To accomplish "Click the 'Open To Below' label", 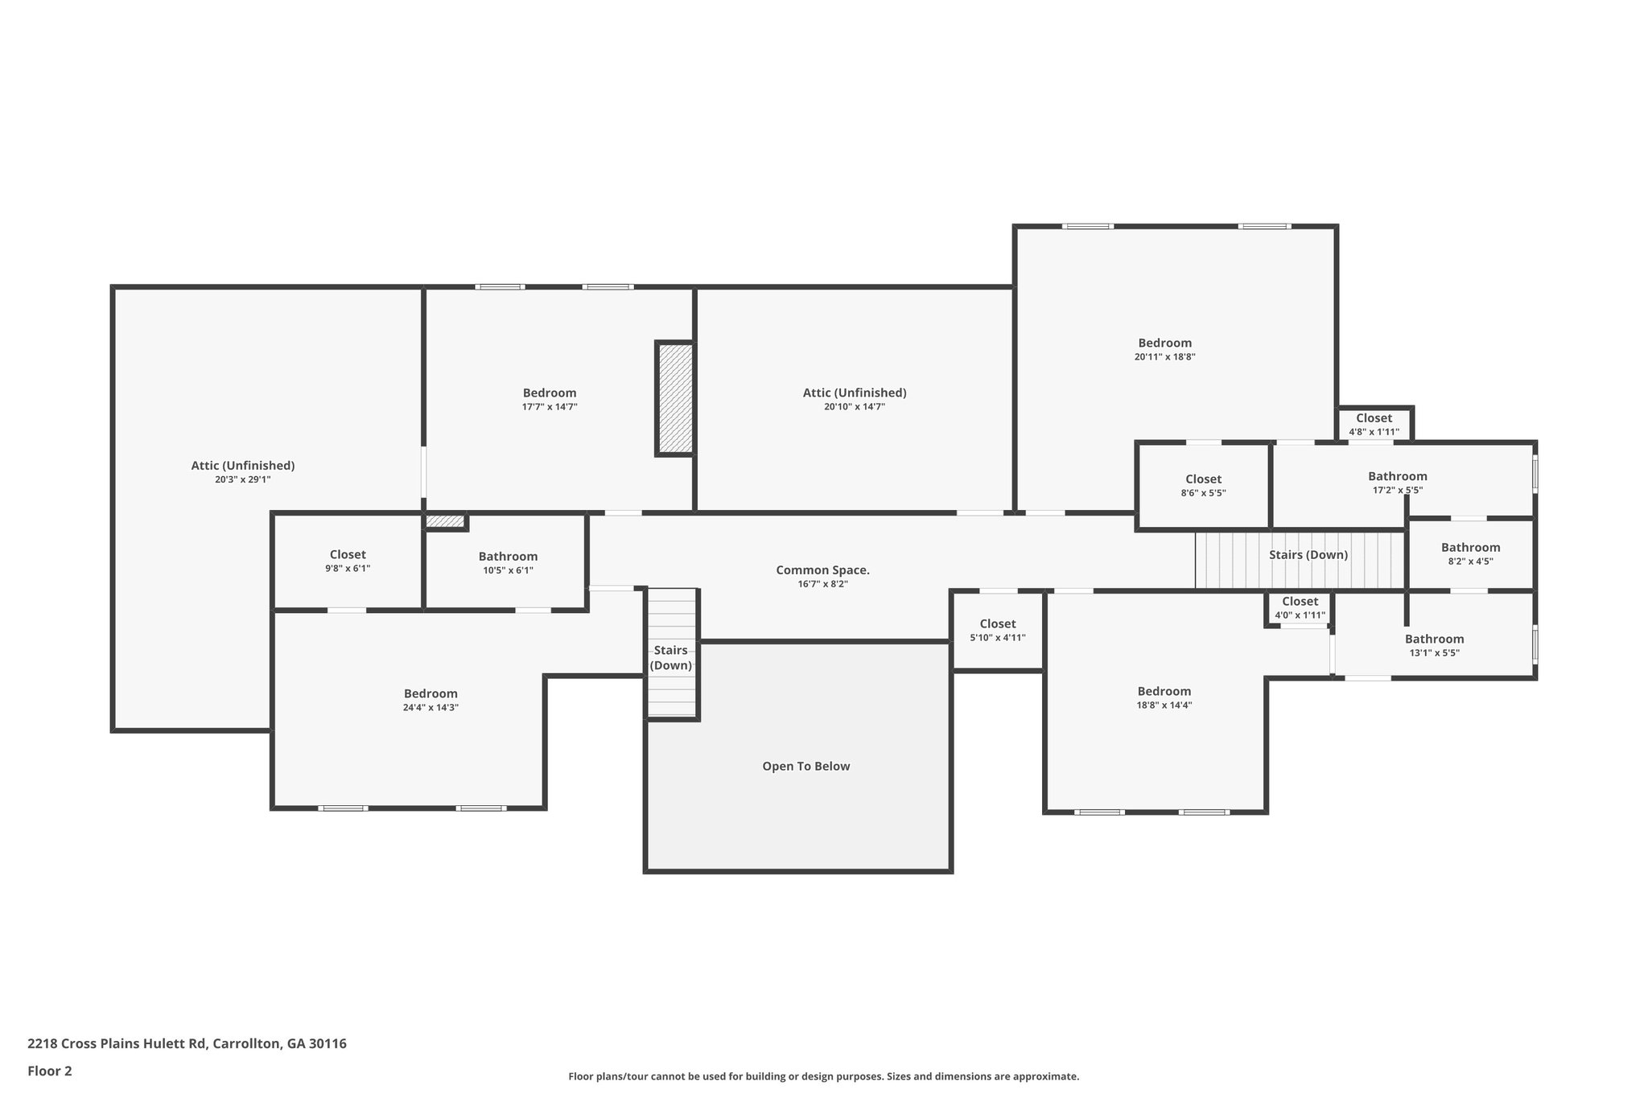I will [805, 767].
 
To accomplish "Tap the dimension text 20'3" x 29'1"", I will [242, 479].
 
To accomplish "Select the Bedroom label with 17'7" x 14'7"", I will [550, 393].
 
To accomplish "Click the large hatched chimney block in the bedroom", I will [675, 399].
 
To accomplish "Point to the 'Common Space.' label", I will [822, 570].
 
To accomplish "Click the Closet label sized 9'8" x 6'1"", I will [348, 555].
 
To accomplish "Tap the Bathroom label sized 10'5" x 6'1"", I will [508, 557].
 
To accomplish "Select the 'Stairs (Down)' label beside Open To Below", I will [670, 658].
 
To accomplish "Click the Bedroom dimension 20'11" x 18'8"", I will [1164, 357].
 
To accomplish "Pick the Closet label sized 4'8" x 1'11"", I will [1374, 418].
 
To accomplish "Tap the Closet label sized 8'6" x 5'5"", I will [1203, 479].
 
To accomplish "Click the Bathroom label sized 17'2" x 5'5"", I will [1397, 476].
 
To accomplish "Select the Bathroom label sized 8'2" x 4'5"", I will [1470, 548].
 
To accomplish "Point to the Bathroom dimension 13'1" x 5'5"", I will [1434, 653].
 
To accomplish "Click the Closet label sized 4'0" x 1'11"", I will [1300, 602].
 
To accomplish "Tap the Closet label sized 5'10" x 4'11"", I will [997, 624].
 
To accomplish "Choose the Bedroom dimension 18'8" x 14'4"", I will [1164, 705].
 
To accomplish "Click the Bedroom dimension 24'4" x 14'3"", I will [431, 708].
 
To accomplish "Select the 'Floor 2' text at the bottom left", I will [50, 1071].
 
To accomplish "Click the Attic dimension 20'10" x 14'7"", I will [854, 407].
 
